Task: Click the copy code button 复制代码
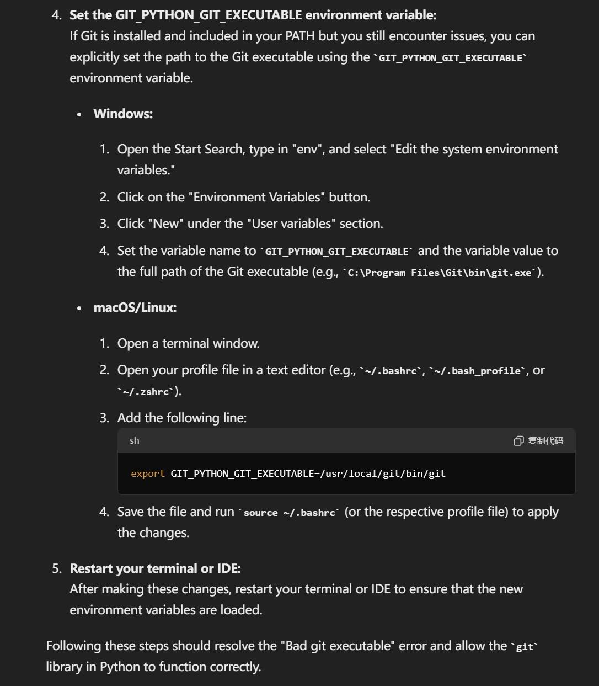(x=539, y=440)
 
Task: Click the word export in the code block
(x=148, y=474)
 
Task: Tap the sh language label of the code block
(x=135, y=440)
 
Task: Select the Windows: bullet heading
(x=123, y=114)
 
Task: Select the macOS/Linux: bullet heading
(x=135, y=307)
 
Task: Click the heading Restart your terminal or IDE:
(x=155, y=568)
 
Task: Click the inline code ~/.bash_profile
(x=478, y=371)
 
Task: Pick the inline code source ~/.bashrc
(x=289, y=513)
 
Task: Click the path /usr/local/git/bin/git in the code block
(x=383, y=474)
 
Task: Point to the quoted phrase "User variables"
(x=291, y=224)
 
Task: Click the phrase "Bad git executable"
(x=338, y=646)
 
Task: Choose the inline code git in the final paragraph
(x=524, y=647)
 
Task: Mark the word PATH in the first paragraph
(x=300, y=36)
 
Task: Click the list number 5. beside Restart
(x=57, y=568)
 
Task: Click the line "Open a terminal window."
(x=188, y=343)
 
